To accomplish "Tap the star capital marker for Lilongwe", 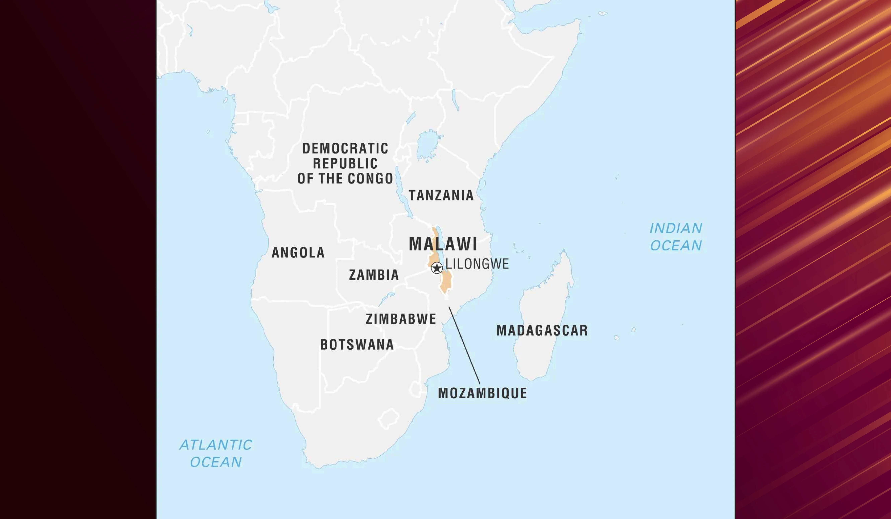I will coord(437,268).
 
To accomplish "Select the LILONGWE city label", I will coord(477,264).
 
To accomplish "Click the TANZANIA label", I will coord(441,195).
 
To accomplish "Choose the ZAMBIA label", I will coord(374,275).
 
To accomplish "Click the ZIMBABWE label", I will coord(401,319).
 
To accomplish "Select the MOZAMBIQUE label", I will coord(482,393).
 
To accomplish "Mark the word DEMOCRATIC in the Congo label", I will coord(345,149).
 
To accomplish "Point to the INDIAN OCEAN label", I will coord(676,237).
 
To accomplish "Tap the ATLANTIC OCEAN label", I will coord(216,453).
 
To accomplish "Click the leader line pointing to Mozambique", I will coord(464,345).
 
